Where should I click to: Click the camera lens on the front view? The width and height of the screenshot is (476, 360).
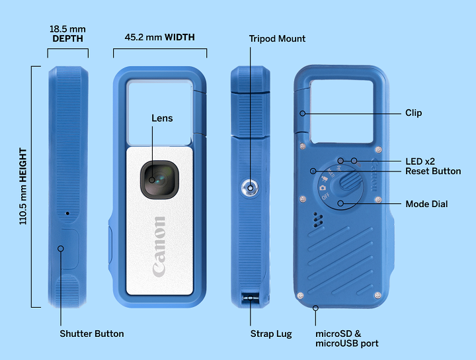click(159, 179)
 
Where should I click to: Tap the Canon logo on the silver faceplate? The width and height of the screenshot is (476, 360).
click(159, 246)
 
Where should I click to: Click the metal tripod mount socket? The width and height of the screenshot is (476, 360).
click(250, 188)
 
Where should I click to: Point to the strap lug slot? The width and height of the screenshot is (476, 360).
click(250, 297)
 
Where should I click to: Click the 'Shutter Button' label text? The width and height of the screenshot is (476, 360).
click(91, 334)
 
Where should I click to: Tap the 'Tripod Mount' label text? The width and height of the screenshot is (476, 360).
click(277, 38)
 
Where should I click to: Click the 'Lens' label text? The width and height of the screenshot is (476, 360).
click(162, 118)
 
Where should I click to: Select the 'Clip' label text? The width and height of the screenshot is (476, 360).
click(413, 113)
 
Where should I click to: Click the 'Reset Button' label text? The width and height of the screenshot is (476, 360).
click(433, 171)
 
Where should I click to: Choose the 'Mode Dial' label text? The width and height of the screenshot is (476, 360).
click(426, 204)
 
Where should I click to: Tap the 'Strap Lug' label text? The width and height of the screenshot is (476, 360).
click(272, 334)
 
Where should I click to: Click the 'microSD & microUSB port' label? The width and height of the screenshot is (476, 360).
click(346, 338)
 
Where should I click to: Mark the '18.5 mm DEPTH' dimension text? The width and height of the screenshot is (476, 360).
click(67, 34)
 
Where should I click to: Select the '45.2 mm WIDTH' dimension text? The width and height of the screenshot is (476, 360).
click(159, 38)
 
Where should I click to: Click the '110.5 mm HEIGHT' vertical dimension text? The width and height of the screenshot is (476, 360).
click(22, 186)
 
